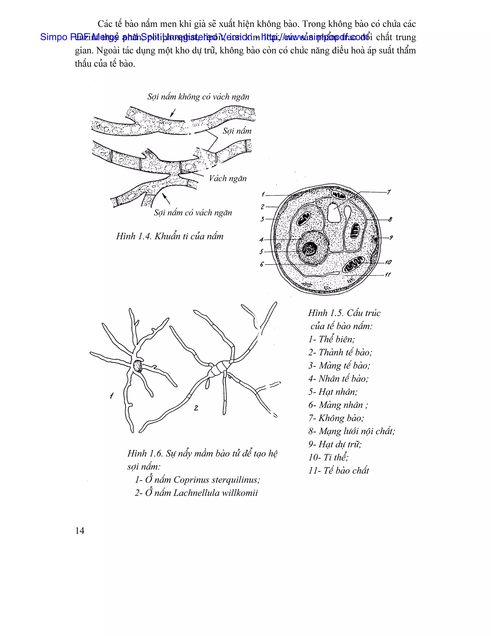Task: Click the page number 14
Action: point(80,531)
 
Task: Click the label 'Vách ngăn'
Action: point(228,178)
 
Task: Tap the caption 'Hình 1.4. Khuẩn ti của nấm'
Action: point(170,236)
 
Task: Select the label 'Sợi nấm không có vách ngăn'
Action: point(198,97)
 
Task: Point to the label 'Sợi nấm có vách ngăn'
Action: point(193,213)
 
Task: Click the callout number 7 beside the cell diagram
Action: point(389,192)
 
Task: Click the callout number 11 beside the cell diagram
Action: point(388,274)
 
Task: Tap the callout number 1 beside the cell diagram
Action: point(263,194)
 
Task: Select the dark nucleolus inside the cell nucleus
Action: point(310,249)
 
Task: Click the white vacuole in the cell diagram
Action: point(334,213)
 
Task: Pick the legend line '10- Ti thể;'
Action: point(328,457)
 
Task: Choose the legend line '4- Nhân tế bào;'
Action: point(338,378)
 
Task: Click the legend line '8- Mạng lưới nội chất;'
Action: point(351,431)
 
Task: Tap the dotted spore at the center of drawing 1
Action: point(138,366)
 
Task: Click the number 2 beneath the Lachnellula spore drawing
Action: point(196,408)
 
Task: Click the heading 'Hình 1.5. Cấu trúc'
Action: point(344,313)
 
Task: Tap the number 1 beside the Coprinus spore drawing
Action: point(112,396)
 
